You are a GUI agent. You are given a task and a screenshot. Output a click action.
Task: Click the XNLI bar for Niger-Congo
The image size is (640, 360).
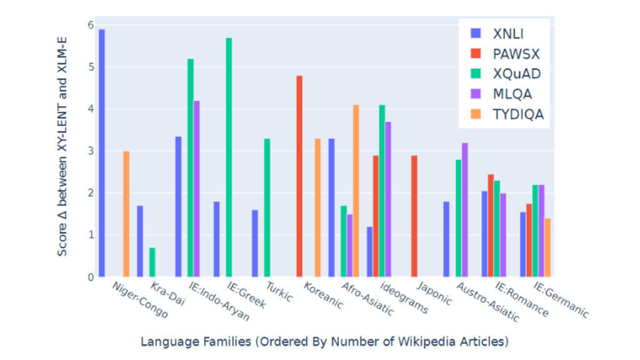[102, 152]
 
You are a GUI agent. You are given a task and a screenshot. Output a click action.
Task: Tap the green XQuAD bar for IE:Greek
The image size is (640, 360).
[229, 157]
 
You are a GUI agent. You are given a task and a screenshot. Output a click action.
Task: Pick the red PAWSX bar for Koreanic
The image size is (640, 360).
[299, 176]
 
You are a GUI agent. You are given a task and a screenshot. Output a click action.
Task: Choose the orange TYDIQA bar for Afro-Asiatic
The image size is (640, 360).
[356, 191]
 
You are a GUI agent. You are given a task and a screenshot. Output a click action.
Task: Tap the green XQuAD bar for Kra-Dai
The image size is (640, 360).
[152, 262]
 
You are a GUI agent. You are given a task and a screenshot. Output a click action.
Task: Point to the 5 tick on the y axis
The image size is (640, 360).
[90, 67]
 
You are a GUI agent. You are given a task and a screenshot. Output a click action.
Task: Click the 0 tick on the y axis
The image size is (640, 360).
[90, 277]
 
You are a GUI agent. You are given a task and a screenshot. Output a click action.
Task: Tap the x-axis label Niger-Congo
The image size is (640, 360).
[139, 300]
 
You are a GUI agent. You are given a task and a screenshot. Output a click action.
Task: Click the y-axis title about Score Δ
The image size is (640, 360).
[62, 150]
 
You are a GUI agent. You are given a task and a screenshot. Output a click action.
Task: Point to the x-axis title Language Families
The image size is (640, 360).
[324, 342]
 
